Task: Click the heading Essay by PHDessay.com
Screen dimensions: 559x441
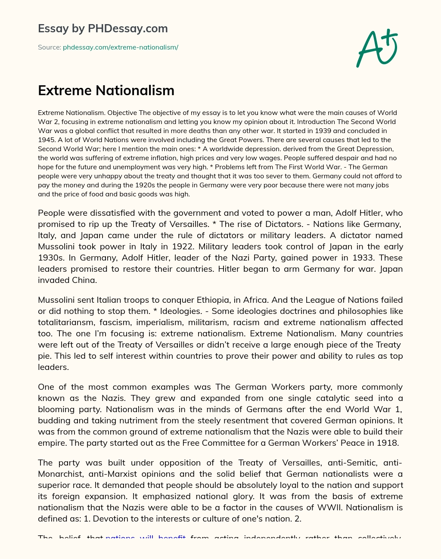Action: point(102,28)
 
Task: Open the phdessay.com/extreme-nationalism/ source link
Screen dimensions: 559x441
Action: point(121,47)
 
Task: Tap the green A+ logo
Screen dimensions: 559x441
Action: point(377,48)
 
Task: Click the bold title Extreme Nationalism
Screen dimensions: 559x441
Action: point(106,90)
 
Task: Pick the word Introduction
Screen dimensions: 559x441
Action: point(317,122)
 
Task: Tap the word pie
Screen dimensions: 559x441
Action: point(44,356)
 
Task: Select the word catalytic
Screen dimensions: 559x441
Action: point(321,398)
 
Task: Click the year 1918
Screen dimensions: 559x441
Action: point(388,443)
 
